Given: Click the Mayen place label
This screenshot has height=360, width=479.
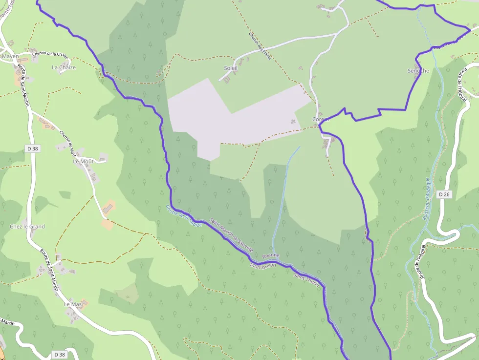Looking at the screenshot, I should coord(10,56).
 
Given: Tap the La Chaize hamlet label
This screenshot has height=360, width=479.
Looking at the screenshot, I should coord(64,67).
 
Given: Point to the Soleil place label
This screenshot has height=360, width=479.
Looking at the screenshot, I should coord(230,68).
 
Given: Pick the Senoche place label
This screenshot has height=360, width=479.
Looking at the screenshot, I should coord(418,71).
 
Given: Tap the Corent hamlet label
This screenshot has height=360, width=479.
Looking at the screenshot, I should coord(321,119).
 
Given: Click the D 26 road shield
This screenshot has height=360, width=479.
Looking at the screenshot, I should coord(444,194).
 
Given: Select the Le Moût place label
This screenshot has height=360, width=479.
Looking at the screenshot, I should coord(83,161).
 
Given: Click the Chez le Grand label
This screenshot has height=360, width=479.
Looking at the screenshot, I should coord(27,227).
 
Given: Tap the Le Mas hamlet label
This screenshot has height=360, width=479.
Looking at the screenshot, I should coord(73,304).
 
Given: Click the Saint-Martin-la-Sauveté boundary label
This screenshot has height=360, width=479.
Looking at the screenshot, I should coord(231,235).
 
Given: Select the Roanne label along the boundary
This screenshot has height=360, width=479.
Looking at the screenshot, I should coord(271,255).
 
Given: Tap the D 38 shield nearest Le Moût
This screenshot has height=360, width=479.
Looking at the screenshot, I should coord(33,148).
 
